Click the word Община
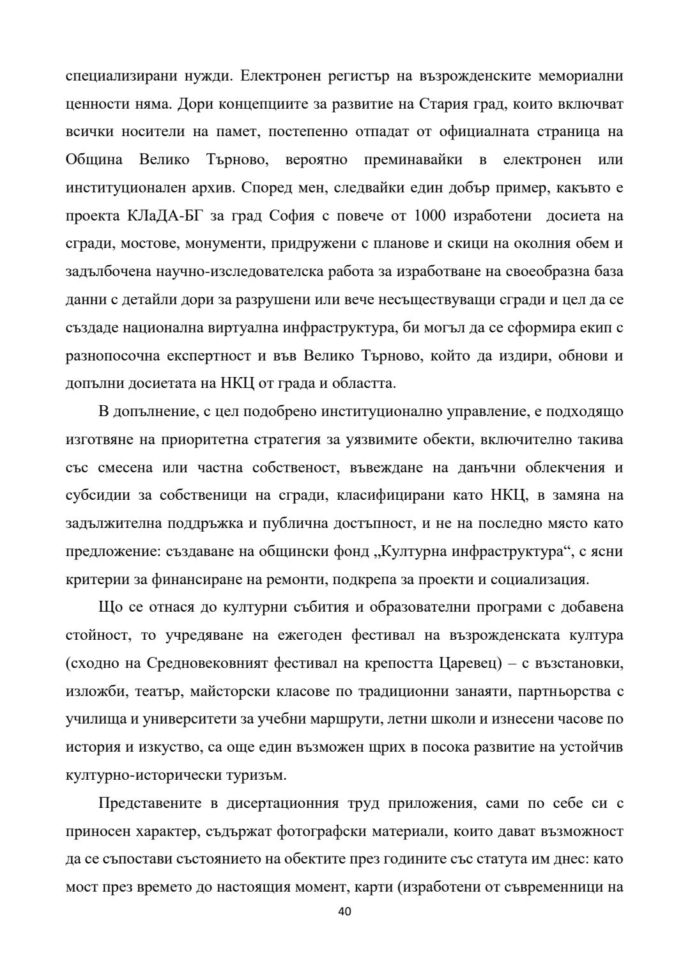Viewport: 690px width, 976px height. click(x=94, y=160)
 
